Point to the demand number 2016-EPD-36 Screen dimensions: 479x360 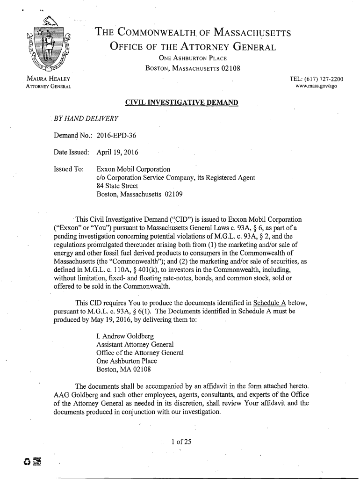pyautogui.click(x=116, y=136)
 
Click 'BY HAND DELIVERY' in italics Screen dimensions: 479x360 pyautogui.click(x=86, y=117)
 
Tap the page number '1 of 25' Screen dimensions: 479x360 pyautogui.click(x=181, y=441)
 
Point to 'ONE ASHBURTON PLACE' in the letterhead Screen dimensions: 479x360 pyautogui.click(x=193, y=58)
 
